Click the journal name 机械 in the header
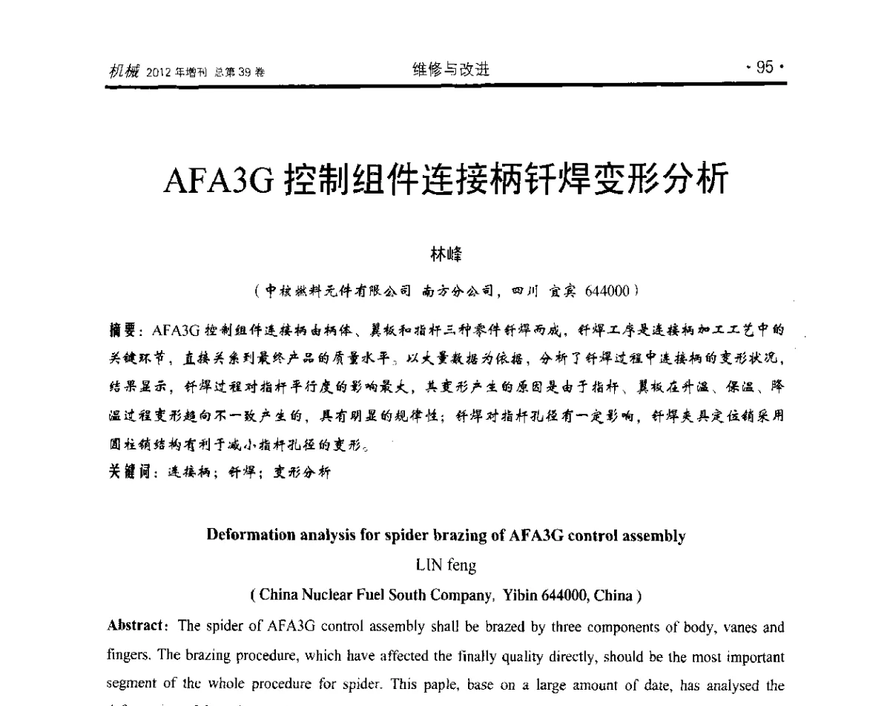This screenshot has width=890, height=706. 122,71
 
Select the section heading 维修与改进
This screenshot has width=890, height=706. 451,70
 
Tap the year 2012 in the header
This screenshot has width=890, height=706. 159,73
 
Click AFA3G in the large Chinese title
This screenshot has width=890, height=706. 220,180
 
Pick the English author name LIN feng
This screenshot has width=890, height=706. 446,566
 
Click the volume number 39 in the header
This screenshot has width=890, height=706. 242,73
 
